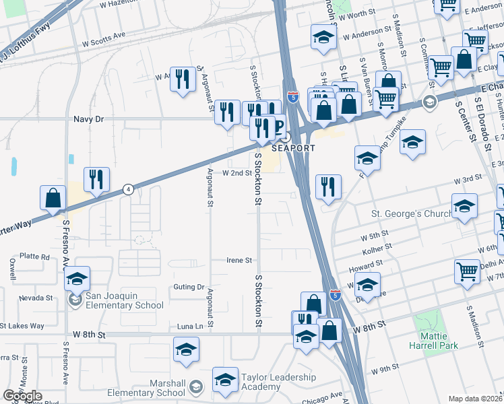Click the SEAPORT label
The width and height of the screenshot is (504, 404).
[x=294, y=148]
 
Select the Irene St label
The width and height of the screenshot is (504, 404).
[x=239, y=260]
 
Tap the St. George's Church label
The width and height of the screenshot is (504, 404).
[x=410, y=215]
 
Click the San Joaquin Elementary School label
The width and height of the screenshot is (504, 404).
[x=125, y=300]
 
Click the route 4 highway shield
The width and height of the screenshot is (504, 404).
[x=128, y=189]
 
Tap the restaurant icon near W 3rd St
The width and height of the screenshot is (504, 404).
[x=328, y=187]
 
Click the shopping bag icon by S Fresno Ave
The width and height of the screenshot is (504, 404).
[x=53, y=198]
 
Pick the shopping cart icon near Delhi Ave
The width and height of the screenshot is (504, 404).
[x=467, y=271]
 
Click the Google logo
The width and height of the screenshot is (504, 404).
[x=22, y=396]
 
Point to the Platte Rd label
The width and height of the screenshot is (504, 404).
[x=35, y=257]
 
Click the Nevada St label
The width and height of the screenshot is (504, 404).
[x=36, y=297]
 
